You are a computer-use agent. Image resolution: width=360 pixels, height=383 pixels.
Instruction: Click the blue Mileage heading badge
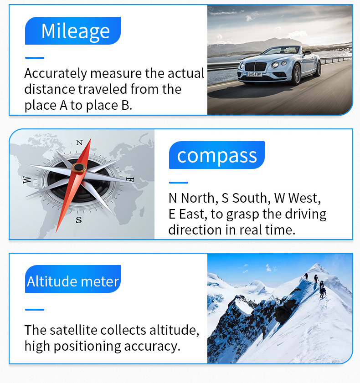73,31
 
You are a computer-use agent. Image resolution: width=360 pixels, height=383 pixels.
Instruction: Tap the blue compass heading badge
217,155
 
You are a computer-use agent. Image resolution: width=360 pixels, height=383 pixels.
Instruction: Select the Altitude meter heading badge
73,279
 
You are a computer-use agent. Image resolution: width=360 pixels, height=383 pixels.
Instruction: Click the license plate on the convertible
254,74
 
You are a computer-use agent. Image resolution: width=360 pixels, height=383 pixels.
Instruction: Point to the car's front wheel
296,74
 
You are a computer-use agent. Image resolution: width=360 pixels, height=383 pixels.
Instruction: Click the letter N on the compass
79,143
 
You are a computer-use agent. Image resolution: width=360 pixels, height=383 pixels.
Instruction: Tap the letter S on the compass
79,220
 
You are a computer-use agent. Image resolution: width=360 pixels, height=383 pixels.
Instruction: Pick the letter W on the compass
27,179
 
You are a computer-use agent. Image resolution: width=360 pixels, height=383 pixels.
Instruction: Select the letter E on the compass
130,179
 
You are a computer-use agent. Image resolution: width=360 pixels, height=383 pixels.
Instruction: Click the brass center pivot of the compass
79,168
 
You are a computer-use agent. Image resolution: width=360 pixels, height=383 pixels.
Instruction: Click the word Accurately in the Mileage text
56,73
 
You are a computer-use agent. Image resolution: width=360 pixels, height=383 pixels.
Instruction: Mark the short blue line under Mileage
35,58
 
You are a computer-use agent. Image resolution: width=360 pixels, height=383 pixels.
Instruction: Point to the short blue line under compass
179,183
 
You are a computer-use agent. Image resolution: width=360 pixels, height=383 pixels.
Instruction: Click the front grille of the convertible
256,66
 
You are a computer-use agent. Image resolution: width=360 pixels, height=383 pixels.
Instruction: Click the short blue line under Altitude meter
35,310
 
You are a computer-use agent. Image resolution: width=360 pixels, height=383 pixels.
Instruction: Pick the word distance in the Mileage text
50,89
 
